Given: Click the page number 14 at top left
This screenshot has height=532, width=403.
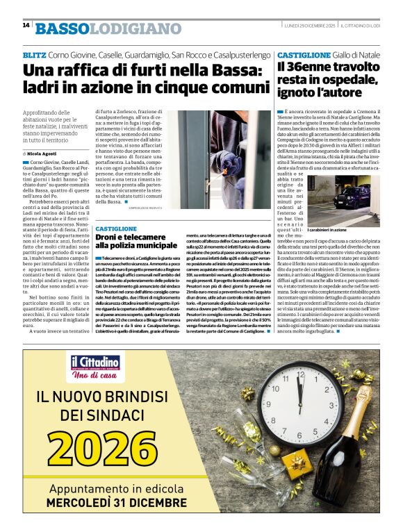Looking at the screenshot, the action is pos(26,26).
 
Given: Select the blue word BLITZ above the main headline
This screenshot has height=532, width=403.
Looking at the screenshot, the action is pos(34,55).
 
